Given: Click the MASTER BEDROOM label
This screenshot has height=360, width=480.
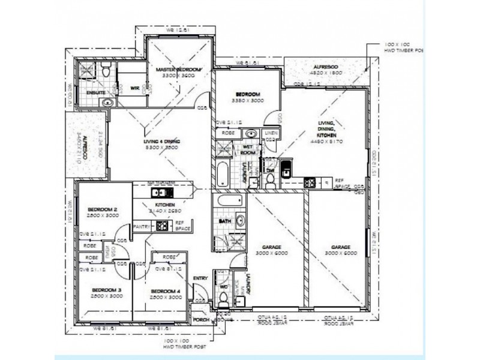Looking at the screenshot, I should pos(178,70).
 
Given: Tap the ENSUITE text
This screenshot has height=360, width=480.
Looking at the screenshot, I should pos(96,93).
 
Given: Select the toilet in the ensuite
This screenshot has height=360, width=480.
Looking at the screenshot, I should pos(106,71).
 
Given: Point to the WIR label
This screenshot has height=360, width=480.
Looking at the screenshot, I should pos(134,89).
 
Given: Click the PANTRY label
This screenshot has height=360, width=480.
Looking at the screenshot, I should pos(142,227).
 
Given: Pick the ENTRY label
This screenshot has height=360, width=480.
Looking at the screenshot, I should pos(200,278).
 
